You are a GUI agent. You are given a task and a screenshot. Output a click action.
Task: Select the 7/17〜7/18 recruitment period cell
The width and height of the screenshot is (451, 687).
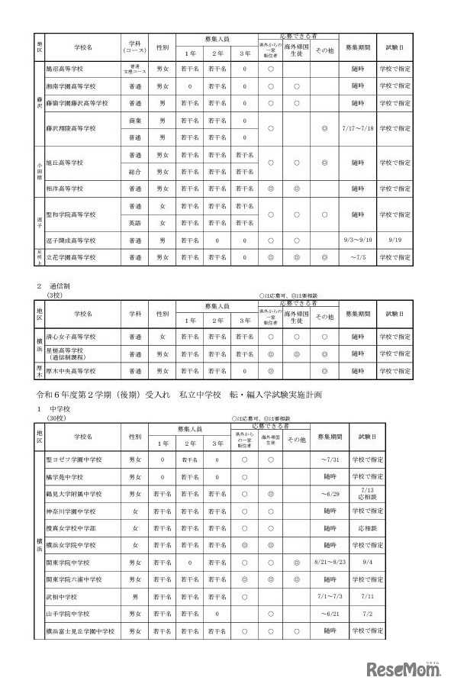click(357, 128)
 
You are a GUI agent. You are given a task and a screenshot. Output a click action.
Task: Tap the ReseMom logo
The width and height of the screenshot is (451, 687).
click(404, 670)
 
